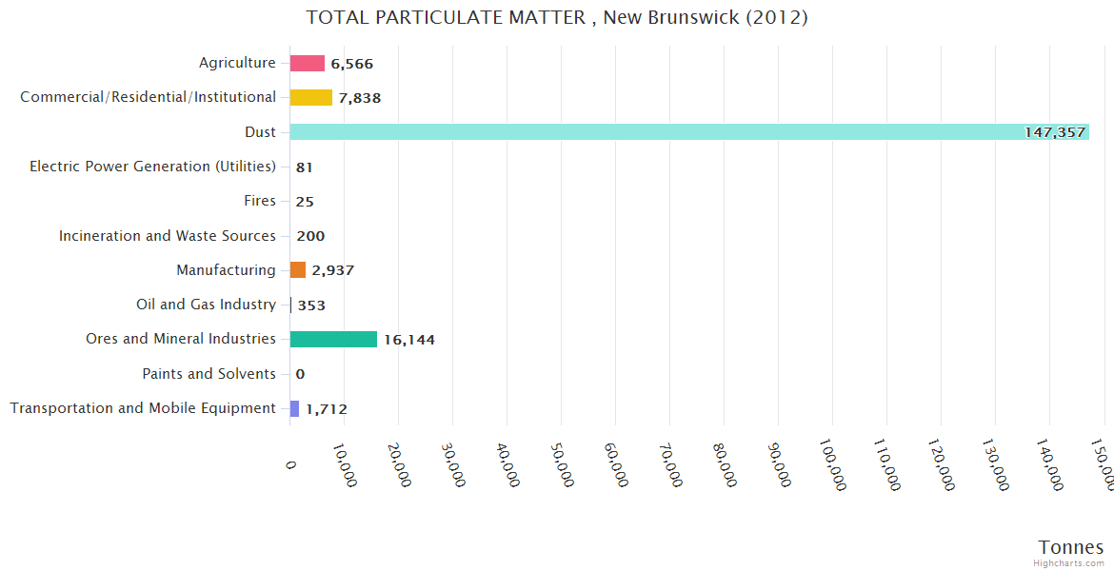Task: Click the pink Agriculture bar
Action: pos(307,64)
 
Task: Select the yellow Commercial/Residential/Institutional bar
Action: pos(310,98)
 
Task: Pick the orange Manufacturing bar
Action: pos(298,270)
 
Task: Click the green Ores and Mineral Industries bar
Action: pos(333,340)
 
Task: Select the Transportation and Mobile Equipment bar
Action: pos(294,408)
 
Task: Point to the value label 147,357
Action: pos(1055,132)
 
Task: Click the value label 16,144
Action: pos(409,340)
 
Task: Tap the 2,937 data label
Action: pos(333,270)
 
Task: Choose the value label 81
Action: pos(305,167)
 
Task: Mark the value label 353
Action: pos(311,305)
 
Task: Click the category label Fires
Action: pos(260,201)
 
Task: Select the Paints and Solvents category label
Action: pos(209,374)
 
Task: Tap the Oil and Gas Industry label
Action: pos(206,305)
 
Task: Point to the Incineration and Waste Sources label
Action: pos(167,236)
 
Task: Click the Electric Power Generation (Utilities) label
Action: pos(152,167)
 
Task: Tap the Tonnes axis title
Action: pos(1070,547)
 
